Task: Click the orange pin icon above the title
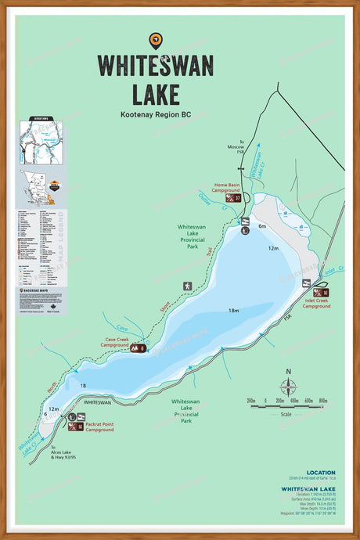[x=155, y=40]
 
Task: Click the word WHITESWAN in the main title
[x=155, y=66]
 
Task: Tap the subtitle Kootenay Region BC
[x=155, y=114]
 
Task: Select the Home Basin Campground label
[x=227, y=189]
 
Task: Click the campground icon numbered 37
[x=237, y=198]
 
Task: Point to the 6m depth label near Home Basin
[x=262, y=226]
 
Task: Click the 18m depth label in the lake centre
[x=233, y=311]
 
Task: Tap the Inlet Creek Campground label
[x=316, y=303]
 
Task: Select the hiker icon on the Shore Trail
[x=186, y=286]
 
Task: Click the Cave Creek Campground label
[x=113, y=342]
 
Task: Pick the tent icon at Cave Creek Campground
[x=135, y=347]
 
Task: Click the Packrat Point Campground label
[x=100, y=427]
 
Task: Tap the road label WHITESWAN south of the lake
[x=97, y=402]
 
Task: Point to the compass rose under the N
[x=288, y=386]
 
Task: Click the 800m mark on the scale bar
[x=322, y=400]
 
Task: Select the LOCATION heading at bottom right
[x=321, y=473]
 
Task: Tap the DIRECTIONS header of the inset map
[x=41, y=118]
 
